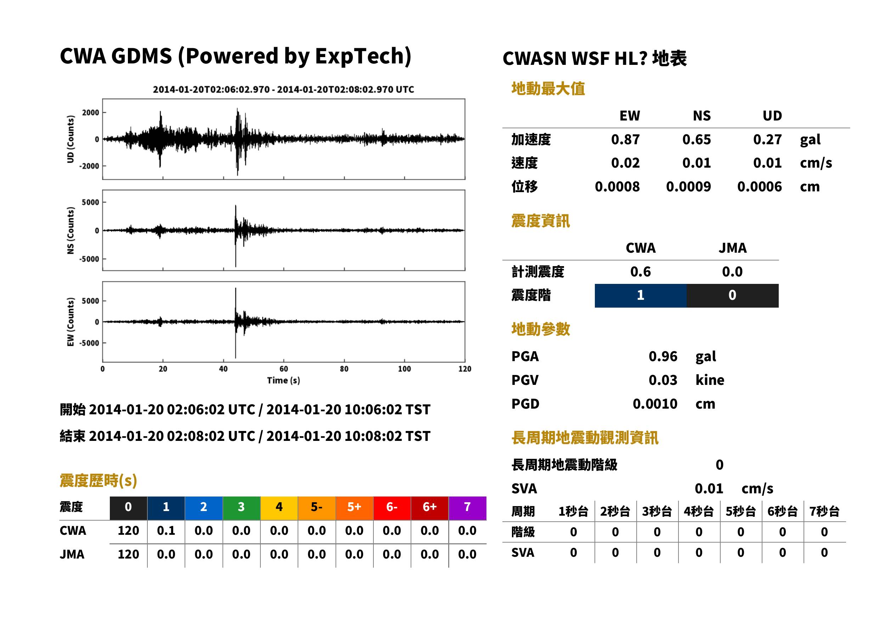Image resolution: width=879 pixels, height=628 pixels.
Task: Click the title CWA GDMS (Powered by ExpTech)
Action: tap(235, 56)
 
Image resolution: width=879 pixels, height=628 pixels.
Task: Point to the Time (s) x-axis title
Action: tap(283, 381)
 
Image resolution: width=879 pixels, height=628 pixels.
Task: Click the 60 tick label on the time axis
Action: tap(283, 369)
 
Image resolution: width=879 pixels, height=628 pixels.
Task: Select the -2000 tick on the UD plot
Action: tap(89, 166)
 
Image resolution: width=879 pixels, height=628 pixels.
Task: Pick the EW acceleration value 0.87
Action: tap(625, 139)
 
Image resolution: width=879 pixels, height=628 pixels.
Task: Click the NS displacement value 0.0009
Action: tap(688, 187)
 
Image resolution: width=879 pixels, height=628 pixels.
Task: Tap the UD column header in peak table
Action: tap(772, 116)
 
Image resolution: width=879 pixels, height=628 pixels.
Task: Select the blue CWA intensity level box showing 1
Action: tap(641, 296)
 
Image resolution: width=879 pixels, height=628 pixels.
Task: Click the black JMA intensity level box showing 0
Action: tap(733, 296)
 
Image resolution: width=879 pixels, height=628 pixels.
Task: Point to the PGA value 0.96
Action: tap(663, 356)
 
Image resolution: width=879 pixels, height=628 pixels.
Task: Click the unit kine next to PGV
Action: tap(710, 380)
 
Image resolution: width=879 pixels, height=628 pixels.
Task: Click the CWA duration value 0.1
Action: tap(166, 531)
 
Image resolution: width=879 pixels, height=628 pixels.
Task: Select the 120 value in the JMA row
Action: tap(128, 555)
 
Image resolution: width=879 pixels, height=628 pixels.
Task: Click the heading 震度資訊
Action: tap(540, 221)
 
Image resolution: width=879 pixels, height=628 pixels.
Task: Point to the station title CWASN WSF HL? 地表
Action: tap(595, 59)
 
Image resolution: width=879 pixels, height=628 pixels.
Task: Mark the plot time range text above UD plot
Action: tap(283, 90)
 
